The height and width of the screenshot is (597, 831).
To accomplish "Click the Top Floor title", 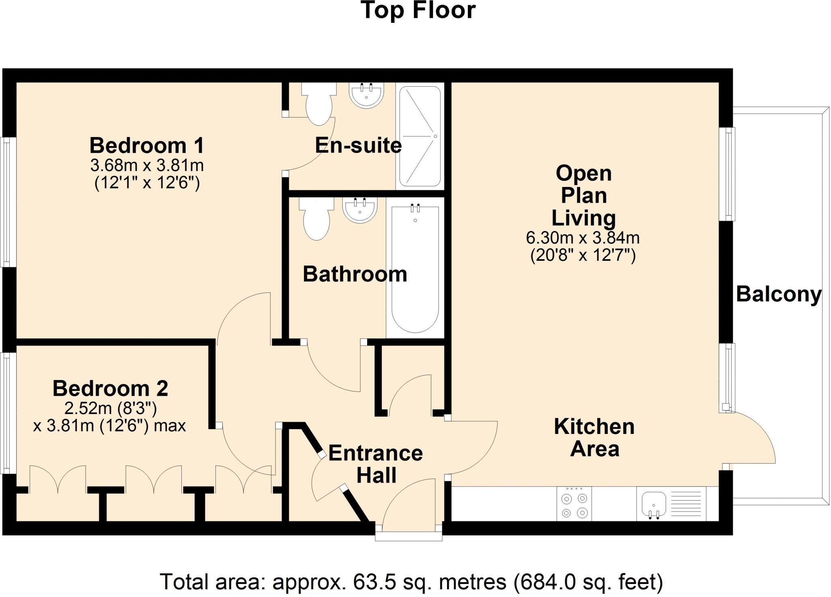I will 418,11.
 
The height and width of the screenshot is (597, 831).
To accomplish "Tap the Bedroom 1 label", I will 146,145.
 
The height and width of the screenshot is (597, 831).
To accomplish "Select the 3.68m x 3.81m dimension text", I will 146,165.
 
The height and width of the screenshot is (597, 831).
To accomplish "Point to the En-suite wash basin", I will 366,96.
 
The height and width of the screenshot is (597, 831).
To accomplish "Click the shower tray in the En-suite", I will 420,136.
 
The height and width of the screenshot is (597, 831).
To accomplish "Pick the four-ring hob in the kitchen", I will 574,504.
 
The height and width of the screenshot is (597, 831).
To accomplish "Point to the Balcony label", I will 778,294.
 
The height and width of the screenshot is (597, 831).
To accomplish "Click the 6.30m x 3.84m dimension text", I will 583,238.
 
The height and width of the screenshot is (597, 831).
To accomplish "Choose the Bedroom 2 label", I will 110,389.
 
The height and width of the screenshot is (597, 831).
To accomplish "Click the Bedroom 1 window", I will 7,202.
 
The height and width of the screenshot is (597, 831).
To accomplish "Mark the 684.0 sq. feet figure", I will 588,582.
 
